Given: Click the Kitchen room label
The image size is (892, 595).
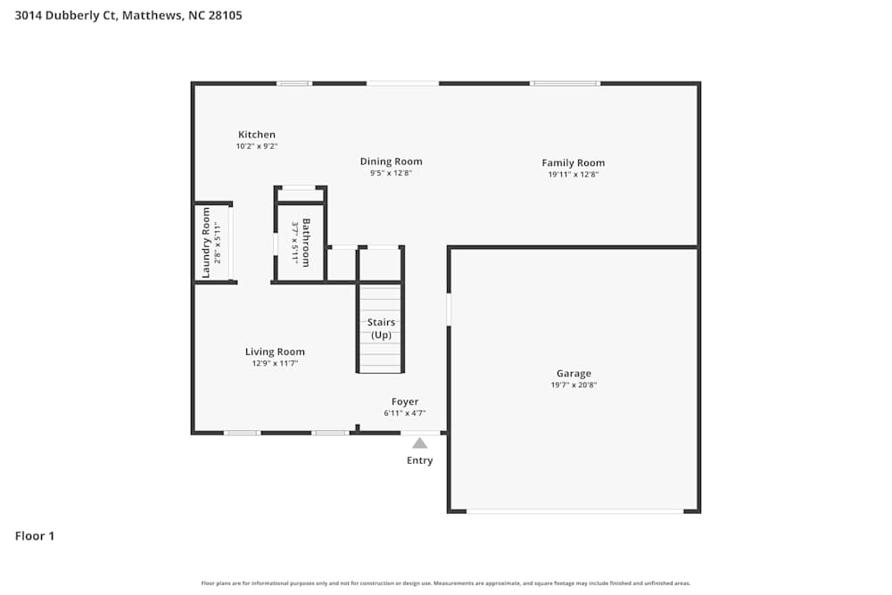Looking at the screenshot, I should point(256,135).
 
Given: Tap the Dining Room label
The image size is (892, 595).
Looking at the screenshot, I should point(391,161).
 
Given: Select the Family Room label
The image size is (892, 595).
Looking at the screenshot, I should point(573,162).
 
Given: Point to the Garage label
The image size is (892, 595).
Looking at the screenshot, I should point(574,374).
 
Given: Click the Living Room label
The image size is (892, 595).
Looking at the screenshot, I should point(275,351).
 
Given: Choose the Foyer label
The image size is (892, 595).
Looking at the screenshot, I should point(404,401).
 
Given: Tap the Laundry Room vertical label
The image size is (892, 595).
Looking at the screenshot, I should point(206,243).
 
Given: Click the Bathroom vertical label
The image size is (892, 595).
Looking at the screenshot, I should point(306,242).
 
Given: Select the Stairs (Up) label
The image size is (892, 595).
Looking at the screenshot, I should point(381,328).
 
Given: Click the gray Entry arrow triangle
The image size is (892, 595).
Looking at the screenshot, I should point(419,442).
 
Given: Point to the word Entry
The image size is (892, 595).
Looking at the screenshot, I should point(419,460).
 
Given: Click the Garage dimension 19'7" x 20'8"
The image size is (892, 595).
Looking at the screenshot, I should point(574,385).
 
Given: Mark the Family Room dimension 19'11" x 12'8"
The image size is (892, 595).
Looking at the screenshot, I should point(573,174).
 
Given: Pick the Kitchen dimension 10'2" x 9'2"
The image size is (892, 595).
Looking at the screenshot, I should point(256,146).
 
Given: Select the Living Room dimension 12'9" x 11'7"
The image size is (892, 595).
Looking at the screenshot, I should point(275,363).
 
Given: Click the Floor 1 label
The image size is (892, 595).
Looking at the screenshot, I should point(35,536).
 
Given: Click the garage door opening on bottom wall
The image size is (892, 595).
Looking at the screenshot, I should point(574,511).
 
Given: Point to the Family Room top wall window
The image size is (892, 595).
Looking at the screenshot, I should point(565,83).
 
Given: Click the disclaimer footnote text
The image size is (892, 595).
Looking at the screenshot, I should point(446,583).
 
